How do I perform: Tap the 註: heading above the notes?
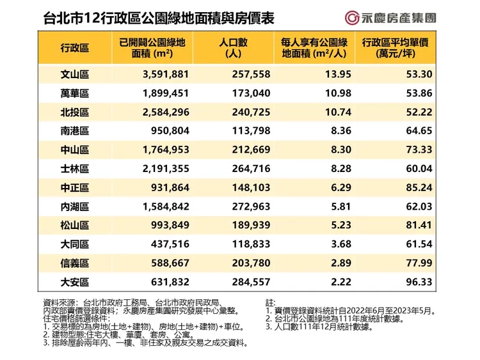click(269, 301)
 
